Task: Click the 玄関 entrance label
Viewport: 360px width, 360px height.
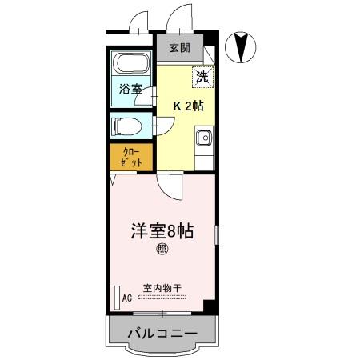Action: click(179, 48)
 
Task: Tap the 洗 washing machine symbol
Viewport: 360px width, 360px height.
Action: click(202, 78)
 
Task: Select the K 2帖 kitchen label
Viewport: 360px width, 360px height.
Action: click(186, 105)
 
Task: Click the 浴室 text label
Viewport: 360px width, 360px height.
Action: click(130, 90)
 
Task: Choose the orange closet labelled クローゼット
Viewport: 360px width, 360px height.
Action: click(132, 157)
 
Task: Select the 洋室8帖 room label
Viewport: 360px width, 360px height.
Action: click(162, 230)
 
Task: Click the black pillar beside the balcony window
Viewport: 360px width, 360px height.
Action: click(208, 309)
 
